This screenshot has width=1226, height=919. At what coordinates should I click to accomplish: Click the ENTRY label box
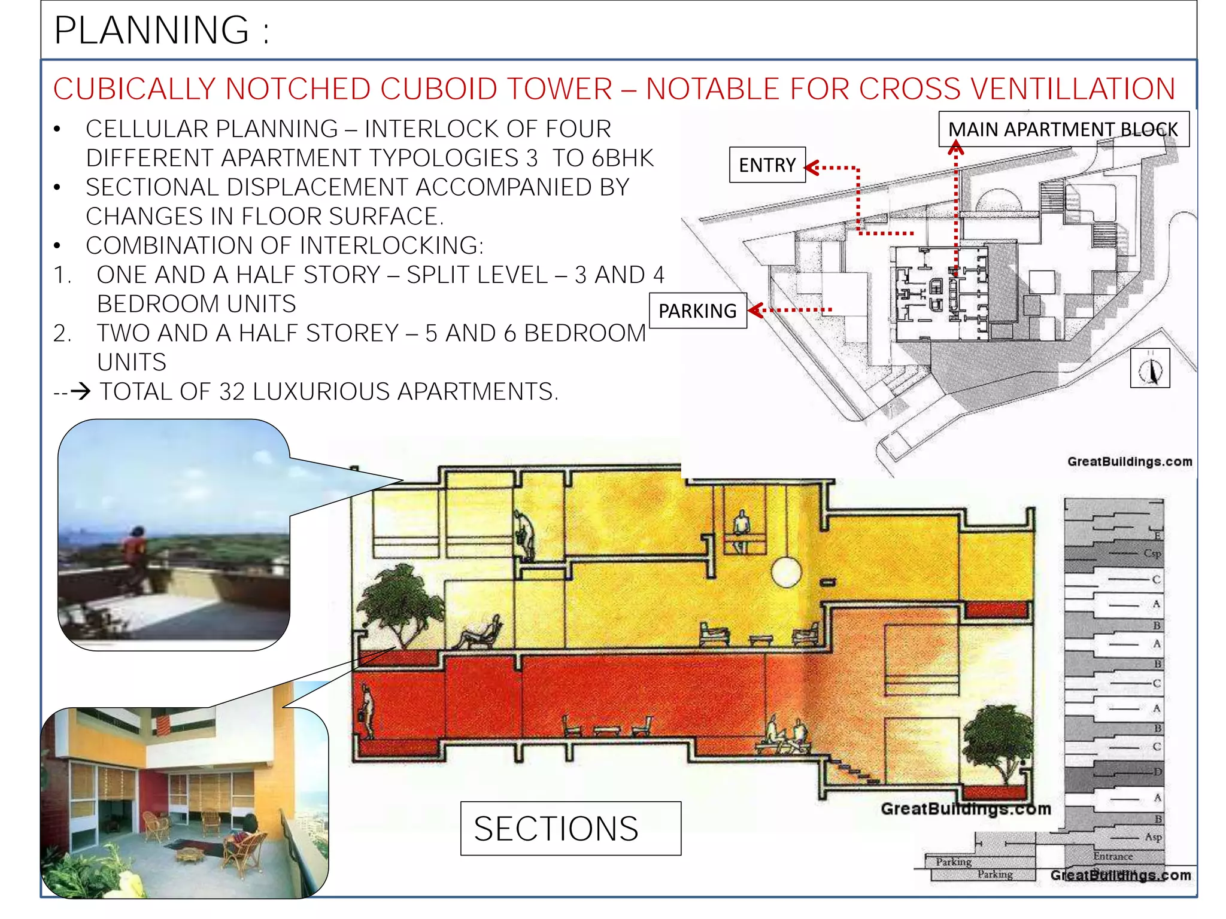(767, 165)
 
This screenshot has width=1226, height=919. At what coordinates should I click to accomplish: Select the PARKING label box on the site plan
(697, 311)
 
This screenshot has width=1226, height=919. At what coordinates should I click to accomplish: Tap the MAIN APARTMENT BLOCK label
(1063, 129)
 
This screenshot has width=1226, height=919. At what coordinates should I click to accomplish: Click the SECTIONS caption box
(570, 828)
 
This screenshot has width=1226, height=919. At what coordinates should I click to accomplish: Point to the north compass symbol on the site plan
(1150, 369)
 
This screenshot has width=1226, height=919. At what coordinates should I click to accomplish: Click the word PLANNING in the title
(151, 30)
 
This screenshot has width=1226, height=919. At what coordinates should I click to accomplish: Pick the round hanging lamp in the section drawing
(786, 572)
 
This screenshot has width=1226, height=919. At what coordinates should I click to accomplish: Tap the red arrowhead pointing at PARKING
(755, 310)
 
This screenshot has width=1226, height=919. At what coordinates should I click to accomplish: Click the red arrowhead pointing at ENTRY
(812, 168)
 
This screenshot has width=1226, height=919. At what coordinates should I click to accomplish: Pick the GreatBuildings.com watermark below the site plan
(1129, 461)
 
